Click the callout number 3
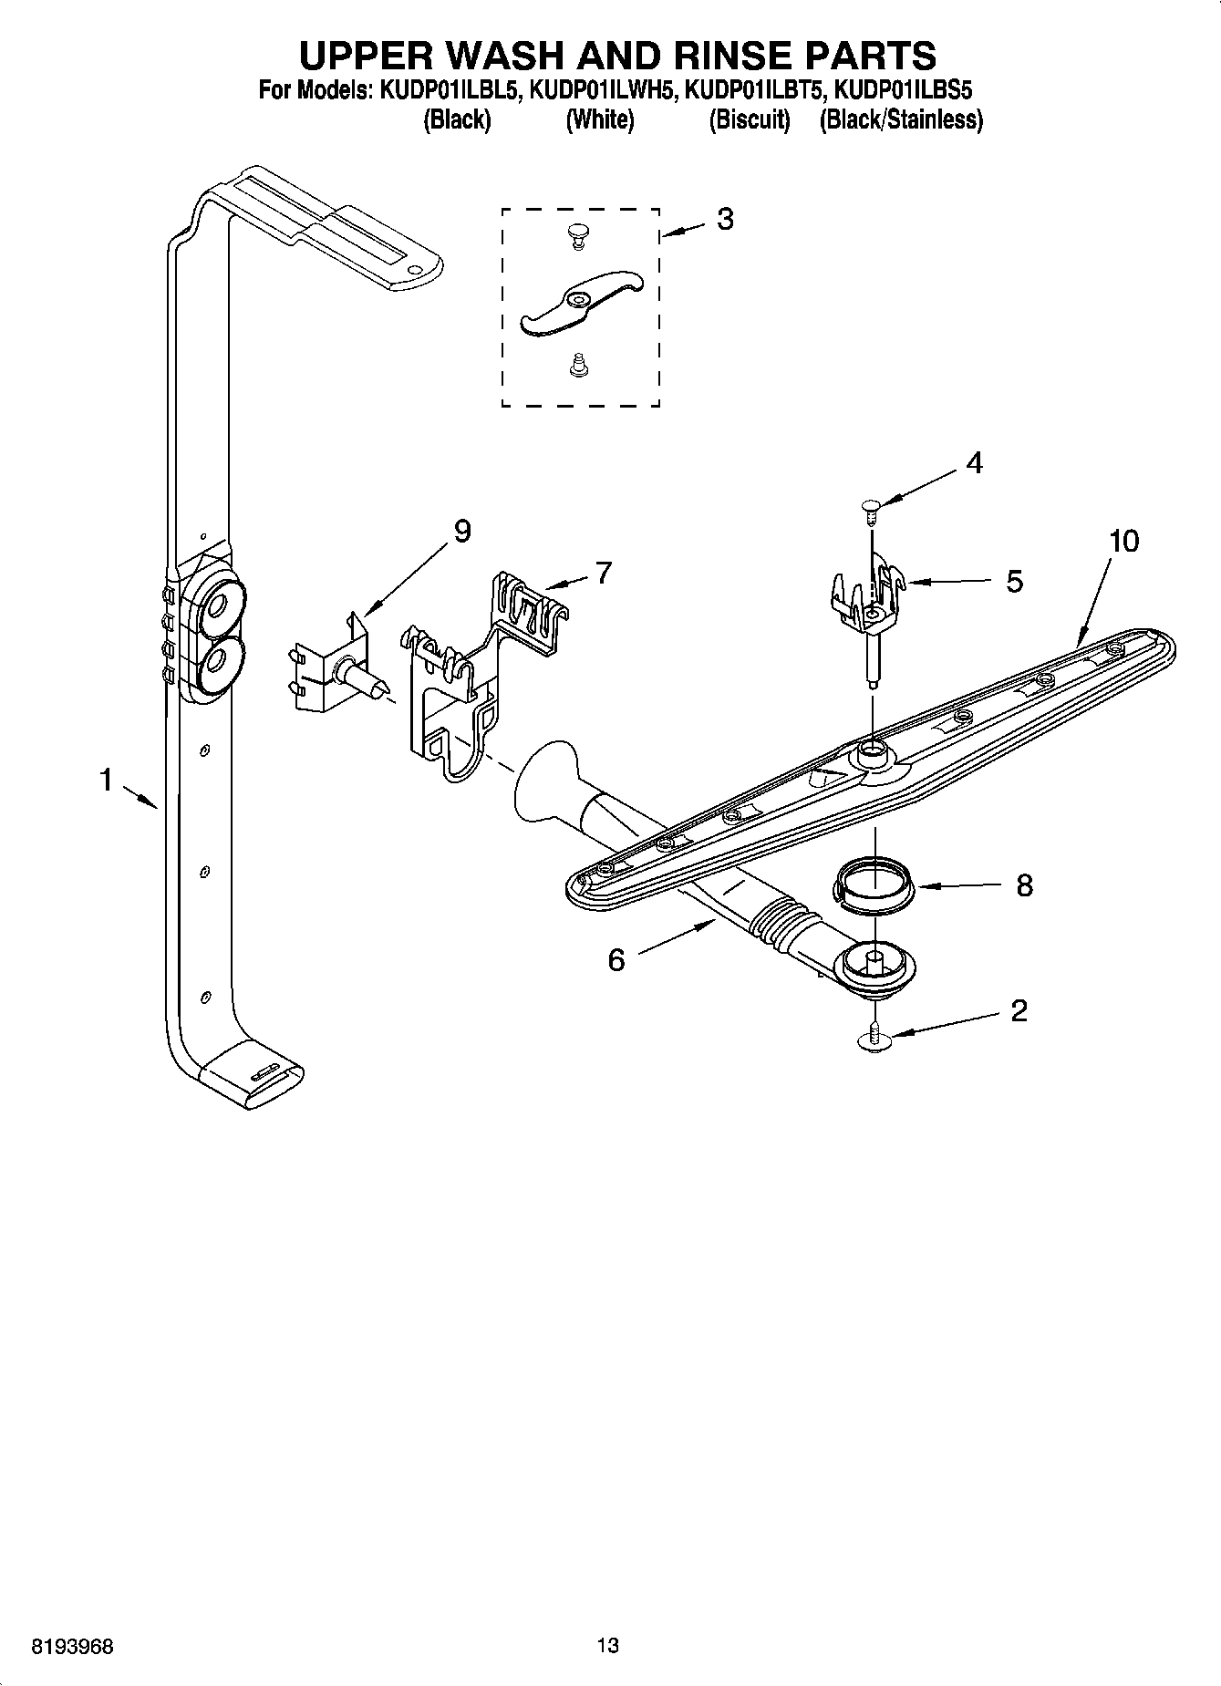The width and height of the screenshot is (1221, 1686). click(x=724, y=220)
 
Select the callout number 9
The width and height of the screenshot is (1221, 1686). click(x=461, y=532)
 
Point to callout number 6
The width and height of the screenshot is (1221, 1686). click(x=616, y=960)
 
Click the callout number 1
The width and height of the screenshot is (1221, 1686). click(x=107, y=781)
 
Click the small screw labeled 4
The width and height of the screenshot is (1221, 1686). click(x=870, y=512)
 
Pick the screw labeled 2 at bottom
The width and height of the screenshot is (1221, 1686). click(x=874, y=1040)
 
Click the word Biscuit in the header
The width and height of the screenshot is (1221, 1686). click(x=750, y=119)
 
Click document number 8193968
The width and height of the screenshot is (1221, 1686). click(x=73, y=1647)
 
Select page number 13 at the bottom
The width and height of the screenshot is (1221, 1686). click(x=607, y=1646)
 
